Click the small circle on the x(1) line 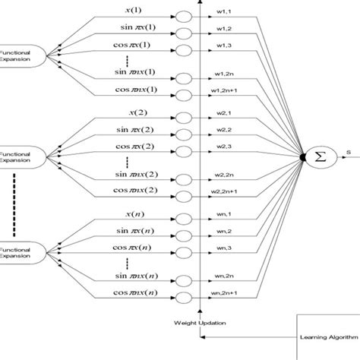[183, 15]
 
